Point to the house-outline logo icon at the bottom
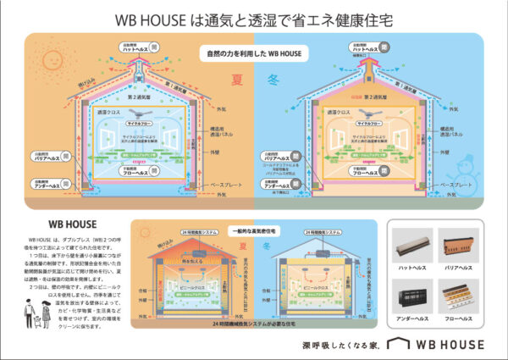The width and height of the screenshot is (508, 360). point(399,344)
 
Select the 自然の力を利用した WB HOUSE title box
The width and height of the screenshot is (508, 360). point(254,54)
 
